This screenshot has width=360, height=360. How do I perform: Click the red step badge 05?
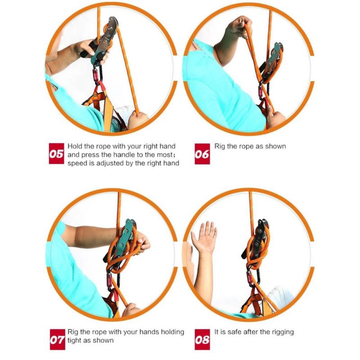tap(57, 153)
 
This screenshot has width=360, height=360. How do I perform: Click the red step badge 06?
tap(202, 154)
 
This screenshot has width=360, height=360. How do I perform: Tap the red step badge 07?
tap(58, 339)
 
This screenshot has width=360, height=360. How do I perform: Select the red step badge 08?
tap(202, 339)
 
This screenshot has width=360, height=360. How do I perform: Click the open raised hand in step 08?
tap(204, 237)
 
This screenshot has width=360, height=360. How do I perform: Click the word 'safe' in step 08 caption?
tap(234, 332)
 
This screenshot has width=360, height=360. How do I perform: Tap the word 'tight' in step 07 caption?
tap(74, 341)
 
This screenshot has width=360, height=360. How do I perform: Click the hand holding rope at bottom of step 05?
tap(137, 119)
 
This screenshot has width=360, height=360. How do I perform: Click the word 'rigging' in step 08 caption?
tap(283, 332)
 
